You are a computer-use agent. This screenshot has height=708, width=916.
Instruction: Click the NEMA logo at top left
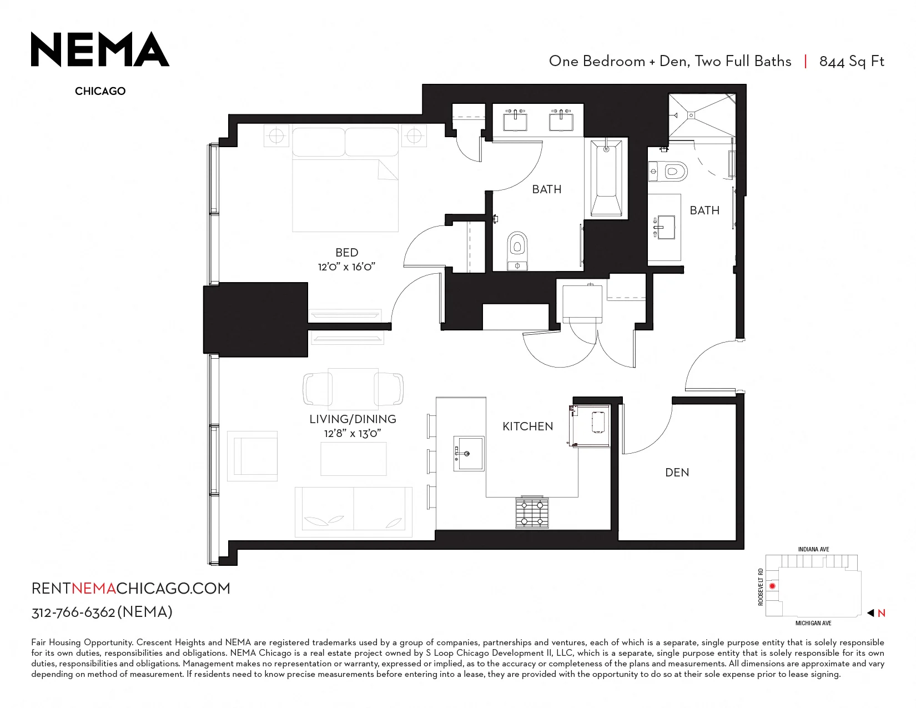click(100, 49)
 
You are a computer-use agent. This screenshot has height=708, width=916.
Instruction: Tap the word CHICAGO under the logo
click(100, 91)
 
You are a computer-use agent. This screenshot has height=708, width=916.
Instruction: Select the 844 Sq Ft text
click(852, 62)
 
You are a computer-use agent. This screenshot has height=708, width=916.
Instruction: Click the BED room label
click(346, 252)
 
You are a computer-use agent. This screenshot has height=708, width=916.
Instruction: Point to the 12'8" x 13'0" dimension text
click(353, 434)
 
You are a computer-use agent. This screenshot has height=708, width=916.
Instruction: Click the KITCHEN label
click(527, 426)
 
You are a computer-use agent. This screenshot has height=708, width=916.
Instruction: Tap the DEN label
click(677, 473)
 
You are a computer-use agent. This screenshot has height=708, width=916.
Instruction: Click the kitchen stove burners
click(532, 513)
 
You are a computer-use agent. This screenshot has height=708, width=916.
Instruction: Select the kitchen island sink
click(469, 453)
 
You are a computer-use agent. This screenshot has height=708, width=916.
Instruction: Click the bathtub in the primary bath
click(606, 178)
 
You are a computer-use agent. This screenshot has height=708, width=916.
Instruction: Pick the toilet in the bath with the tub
click(517, 250)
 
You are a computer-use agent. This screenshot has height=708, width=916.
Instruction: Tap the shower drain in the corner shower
click(691, 115)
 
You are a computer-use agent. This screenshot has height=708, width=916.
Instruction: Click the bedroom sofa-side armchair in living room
click(252, 456)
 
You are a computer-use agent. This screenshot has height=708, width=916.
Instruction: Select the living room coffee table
click(353, 459)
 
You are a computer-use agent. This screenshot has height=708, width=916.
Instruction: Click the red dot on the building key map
click(772, 586)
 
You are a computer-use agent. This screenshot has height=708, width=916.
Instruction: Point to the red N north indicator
click(881, 613)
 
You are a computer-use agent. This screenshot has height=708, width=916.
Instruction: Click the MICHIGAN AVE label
click(813, 623)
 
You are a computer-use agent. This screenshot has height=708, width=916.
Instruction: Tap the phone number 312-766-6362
click(73, 612)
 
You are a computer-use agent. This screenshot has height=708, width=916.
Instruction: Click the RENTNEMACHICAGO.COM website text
click(131, 589)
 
